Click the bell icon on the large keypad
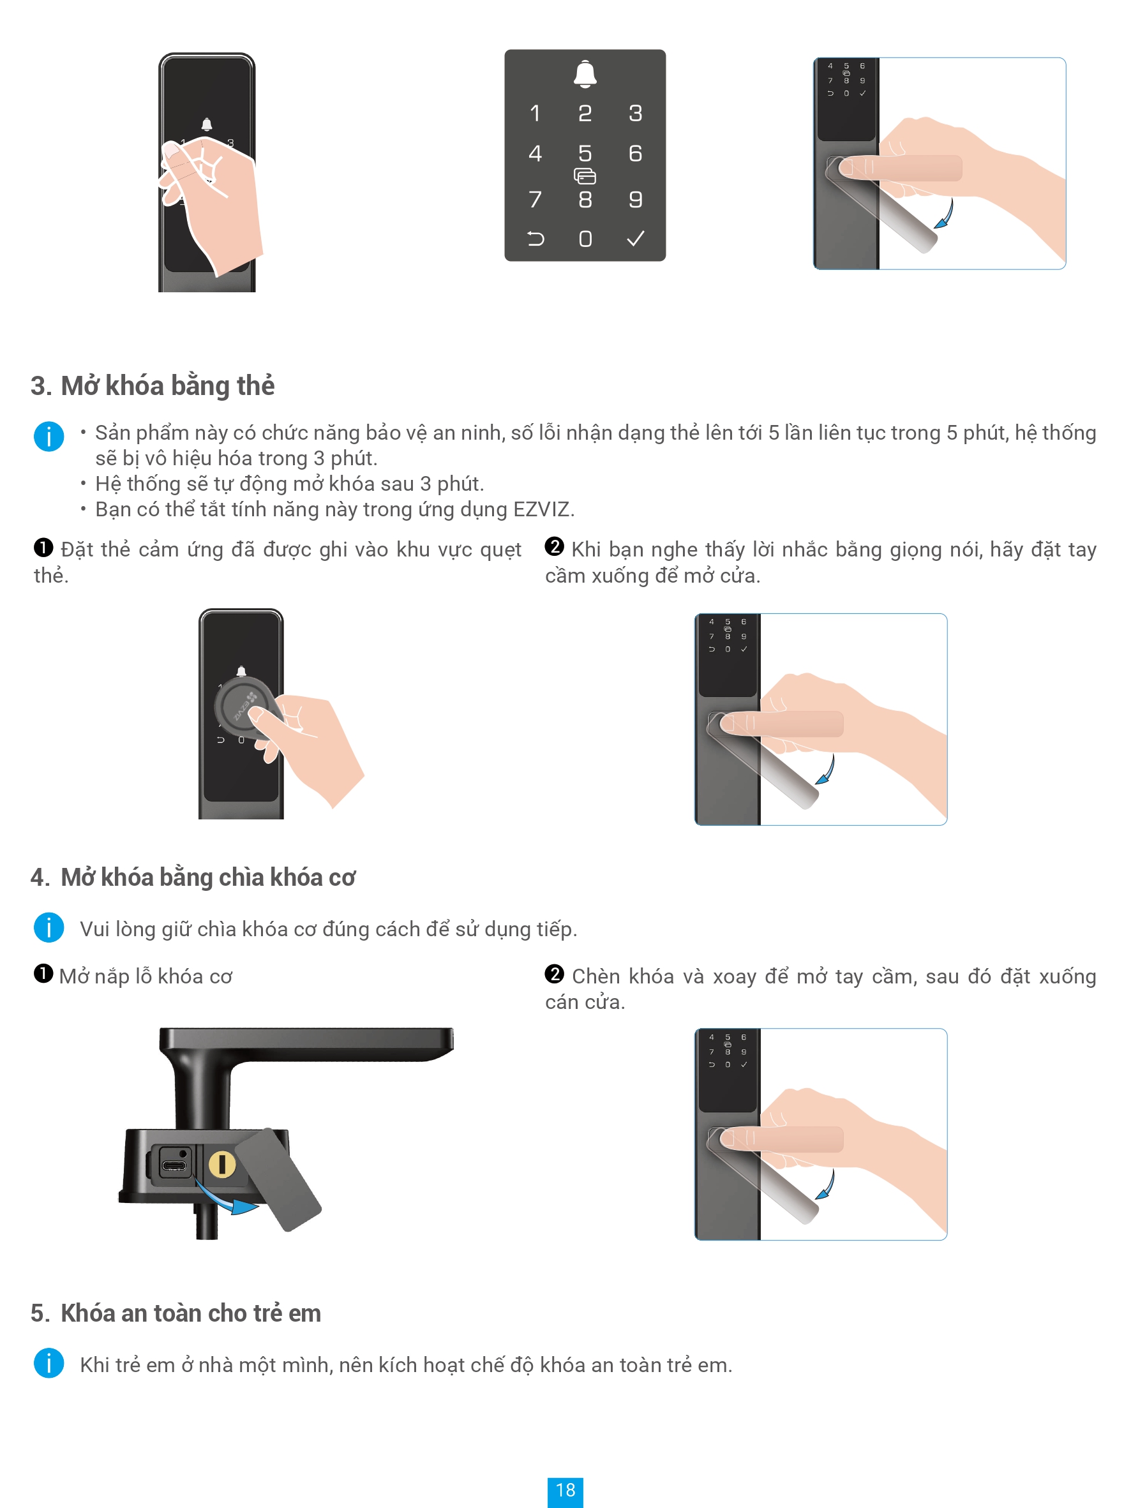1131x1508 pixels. click(x=585, y=73)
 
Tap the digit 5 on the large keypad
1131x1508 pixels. click(x=585, y=153)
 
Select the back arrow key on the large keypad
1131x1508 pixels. click(x=536, y=239)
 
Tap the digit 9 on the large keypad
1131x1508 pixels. click(x=635, y=199)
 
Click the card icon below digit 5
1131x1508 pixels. click(x=585, y=177)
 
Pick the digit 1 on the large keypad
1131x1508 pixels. click(x=535, y=113)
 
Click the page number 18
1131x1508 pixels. click(x=565, y=1490)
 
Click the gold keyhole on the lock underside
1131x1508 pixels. click(x=221, y=1165)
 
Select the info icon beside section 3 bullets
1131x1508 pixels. click(x=49, y=437)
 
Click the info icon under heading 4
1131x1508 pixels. click(x=49, y=928)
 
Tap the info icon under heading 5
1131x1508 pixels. click(x=49, y=1364)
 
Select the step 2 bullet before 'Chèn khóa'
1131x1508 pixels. click(x=554, y=974)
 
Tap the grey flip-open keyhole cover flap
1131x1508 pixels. click(x=278, y=1179)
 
